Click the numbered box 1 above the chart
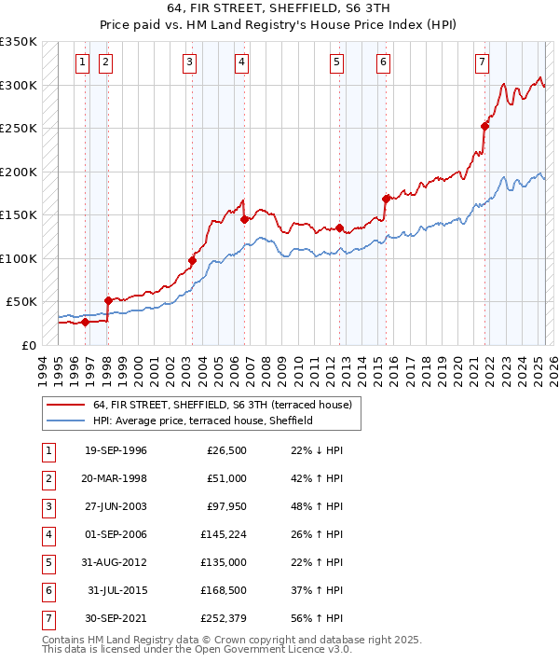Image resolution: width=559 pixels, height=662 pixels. [83, 62]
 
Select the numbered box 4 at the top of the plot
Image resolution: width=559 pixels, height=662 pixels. [241, 62]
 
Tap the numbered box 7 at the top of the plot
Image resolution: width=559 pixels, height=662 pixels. [482, 62]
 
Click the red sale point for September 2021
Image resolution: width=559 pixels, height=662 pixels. [485, 127]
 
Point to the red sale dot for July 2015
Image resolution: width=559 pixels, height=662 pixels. [386, 199]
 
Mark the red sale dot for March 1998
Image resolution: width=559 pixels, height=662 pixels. [108, 300]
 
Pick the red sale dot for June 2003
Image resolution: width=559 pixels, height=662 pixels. [193, 260]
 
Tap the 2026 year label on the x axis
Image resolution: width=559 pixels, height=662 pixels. [553, 367]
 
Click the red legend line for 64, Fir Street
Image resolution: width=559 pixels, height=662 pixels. [64, 406]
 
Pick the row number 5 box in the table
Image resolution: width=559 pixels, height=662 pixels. [47, 562]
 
